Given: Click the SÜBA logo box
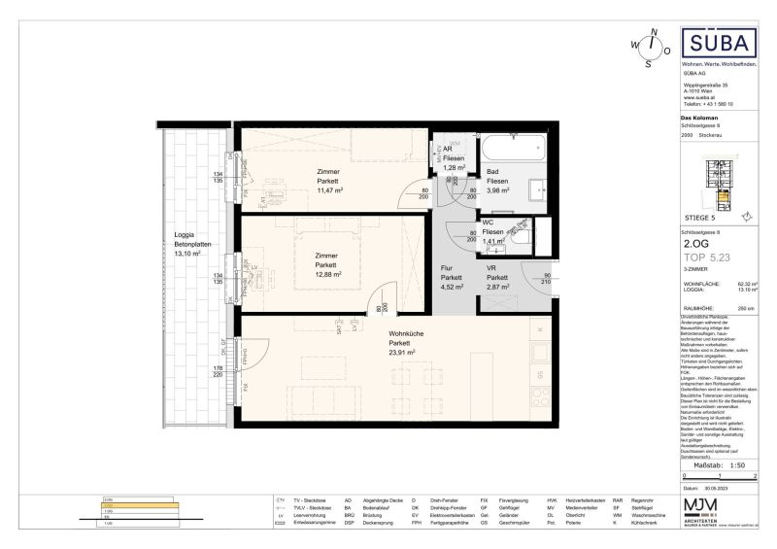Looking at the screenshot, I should pos(718,46).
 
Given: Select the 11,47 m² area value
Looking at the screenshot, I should pos(328,190).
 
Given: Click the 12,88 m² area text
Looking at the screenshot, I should pos(326,274).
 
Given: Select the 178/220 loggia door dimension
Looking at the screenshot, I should pos(219,372).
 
